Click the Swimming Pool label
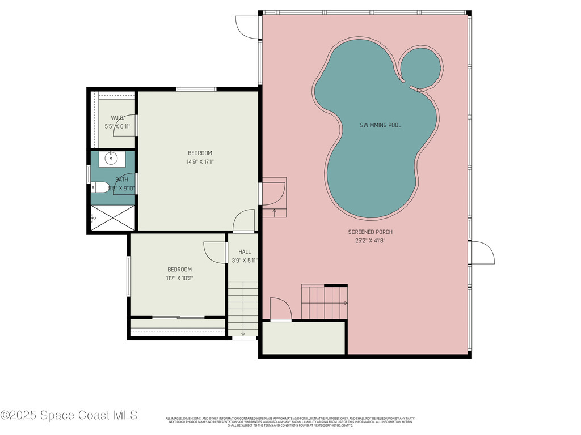pos(380,125)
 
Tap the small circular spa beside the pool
pos(420,66)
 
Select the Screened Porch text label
pos(370,232)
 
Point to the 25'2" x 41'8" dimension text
pos(370,241)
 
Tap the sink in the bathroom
pos(112,159)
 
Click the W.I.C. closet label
pos(117,118)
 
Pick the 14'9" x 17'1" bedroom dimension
pos(200,162)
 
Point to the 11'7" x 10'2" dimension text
pos(179,278)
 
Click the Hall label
pos(245,252)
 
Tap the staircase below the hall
pos(244,309)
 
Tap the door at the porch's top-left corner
pos(247,26)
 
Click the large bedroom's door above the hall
pos(245,220)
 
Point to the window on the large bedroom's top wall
pos(196,89)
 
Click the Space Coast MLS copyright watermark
pos(69,415)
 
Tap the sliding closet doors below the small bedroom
pos(178,317)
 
